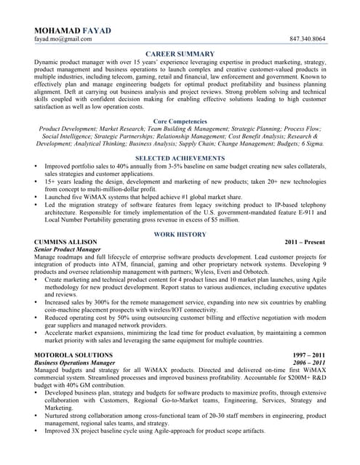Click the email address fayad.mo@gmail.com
pyautogui.click(x=63, y=39)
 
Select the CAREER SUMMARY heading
pyautogui.click(x=180, y=54)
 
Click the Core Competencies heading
pyautogui.click(x=180, y=121)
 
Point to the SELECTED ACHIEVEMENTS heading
pyautogui.click(x=180, y=158)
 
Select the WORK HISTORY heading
pyautogui.click(x=180, y=235)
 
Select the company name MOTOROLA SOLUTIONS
pyautogui.click(x=73, y=355)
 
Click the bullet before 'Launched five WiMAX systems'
pyautogui.click(x=37, y=196)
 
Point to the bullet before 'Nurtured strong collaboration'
pyautogui.click(x=37, y=416)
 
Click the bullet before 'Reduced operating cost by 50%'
pyautogui.click(x=37, y=318)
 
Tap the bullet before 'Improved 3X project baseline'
pyautogui.click(x=37, y=431)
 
